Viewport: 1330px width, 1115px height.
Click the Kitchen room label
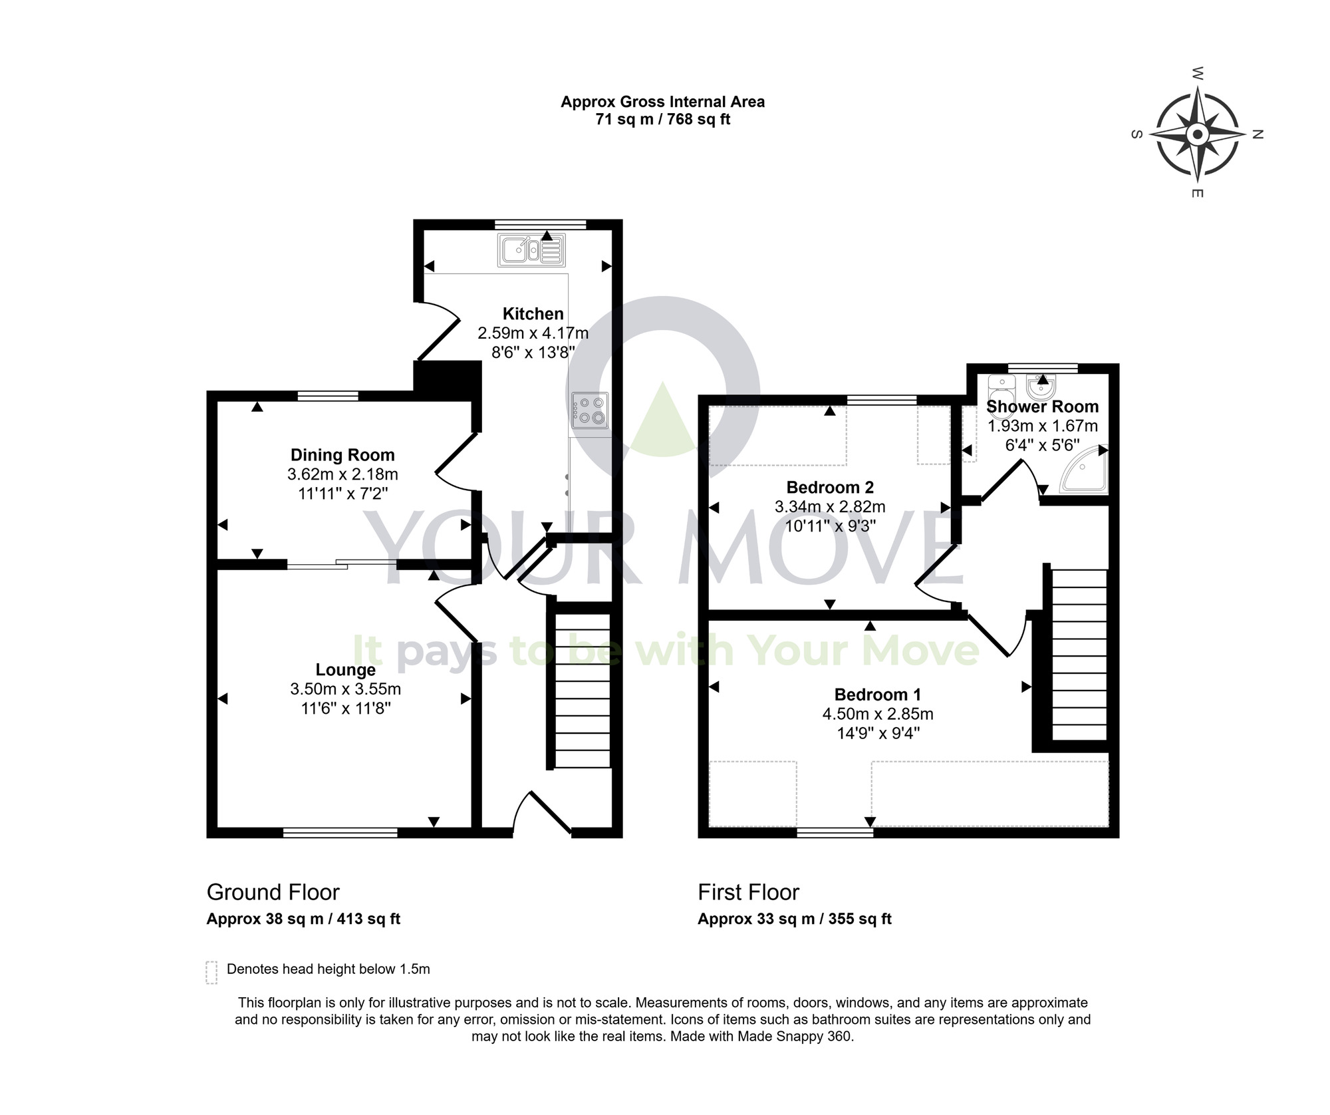pyautogui.click(x=533, y=313)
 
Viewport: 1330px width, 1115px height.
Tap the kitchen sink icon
pyautogui.click(x=531, y=250)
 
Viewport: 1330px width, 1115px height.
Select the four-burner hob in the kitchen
pyautogui.click(x=589, y=410)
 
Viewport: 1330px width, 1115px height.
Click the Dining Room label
pyautogui.click(x=342, y=455)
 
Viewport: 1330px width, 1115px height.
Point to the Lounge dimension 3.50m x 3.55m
pyautogui.click(x=345, y=689)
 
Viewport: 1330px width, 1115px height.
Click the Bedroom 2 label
pyautogui.click(x=830, y=487)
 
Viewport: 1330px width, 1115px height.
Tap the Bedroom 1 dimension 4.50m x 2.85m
pyautogui.click(x=878, y=714)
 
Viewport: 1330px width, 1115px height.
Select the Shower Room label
pyautogui.click(x=1042, y=406)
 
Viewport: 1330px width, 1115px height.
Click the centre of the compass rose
pyautogui.click(x=1198, y=135)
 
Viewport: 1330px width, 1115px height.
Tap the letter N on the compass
pyautogui.click(x=1257, y=134)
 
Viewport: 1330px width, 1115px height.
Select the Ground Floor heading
pyautogui.click(x=273, y=892)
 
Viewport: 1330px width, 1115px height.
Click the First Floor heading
pyautogui.click(x=748, y=892)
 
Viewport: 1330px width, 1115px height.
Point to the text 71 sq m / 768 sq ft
pyautogui.click(x=662, y=120)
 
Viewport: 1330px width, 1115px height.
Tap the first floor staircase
pyautogui.click(x=1079, y=655)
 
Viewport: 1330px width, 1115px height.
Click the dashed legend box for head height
pyautogui.click(x=211, y=972)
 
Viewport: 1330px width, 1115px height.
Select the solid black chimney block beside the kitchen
pyautogui.click(x=447, y=380)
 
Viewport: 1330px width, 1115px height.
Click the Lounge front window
pyautogui.click(x=340, y=832)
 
